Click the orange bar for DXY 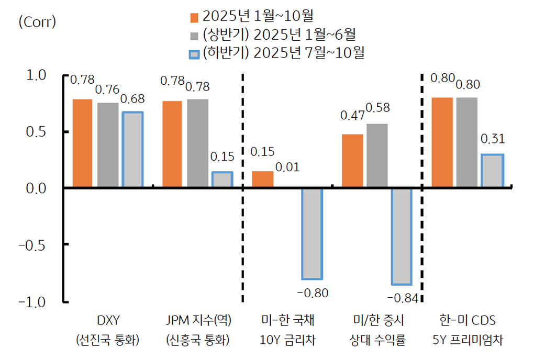[x=82, y=143]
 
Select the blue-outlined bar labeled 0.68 [x=132, y=150]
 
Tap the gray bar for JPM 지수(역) [x=197, y=143]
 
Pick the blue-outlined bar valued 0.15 [x=222, y=179]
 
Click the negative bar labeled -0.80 [x=312, y=233]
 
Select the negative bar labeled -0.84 [x=402, y=236]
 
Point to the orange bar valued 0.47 [x=352, y=161]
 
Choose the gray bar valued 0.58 [x=377, y=155]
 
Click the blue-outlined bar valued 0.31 [x=492, y=171]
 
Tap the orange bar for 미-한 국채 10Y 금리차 [x=263, y=179]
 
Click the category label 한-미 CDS [x=468, y=320]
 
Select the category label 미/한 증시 [x=377, y=320]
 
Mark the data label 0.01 [x=287, y=167]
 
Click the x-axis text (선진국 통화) [x=107, y=340]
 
